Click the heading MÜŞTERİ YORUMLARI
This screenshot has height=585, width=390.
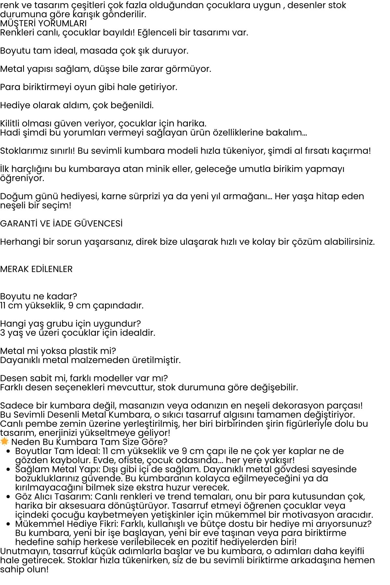point(43,23)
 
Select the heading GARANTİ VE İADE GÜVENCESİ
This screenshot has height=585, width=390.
point(61,224)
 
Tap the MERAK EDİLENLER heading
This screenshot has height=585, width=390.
point(36,269)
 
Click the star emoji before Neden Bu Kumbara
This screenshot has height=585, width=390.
point(4,441)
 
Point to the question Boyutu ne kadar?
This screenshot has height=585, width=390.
point(38,296)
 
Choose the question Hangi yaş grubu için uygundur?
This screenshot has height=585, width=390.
point(70,324)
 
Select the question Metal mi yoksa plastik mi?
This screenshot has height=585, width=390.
point(58,351)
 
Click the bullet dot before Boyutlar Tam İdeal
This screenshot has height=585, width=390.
point(8,451)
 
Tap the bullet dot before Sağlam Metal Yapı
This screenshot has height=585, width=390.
point(8,470)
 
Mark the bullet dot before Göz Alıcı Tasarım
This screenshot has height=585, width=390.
point(8,497)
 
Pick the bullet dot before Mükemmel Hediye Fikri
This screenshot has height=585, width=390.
point(8,524)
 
